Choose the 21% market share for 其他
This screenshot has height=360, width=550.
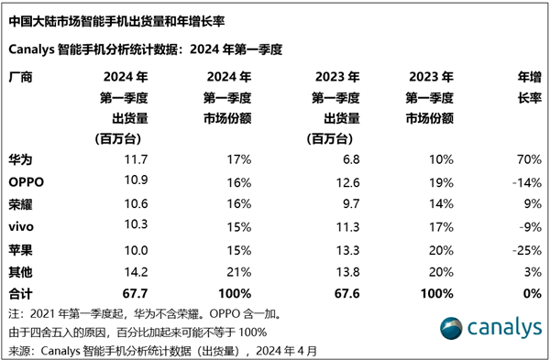pos(240,270)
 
